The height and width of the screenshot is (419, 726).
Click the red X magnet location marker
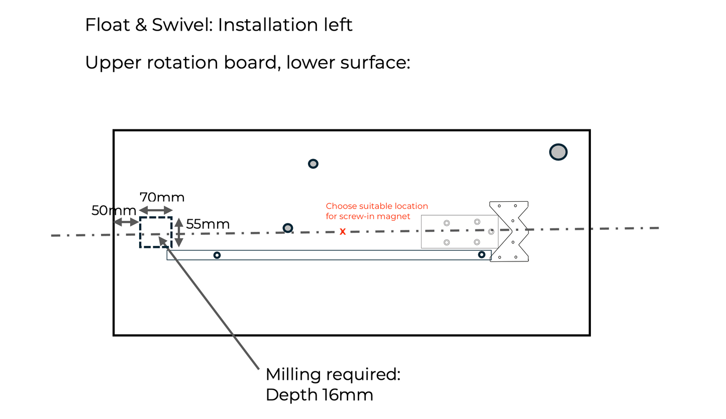click(343, 231)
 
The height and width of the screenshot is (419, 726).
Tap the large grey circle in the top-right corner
click(558, 152)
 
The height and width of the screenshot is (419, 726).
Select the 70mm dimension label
click(161, 197)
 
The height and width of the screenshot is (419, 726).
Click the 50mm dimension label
click(114, 211)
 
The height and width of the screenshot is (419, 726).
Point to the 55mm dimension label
click(208, 224)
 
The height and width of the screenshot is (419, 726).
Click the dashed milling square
click(156, 232)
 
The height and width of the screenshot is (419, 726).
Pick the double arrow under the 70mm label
click(156, 210)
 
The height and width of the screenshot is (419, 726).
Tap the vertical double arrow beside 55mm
click(178, 232)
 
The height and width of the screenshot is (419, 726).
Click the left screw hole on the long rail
click(217, 255)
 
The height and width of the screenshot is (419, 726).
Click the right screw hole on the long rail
click(481, 254)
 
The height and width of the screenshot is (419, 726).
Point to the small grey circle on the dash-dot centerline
click(287, 228)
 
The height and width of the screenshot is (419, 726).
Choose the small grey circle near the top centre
click(313, 164)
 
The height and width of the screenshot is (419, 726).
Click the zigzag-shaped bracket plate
click(509, 231)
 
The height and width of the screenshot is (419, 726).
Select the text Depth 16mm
click(319, 395)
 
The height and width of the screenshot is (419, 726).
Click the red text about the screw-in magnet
click(376, 211)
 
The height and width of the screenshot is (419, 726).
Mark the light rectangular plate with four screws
click(459, 231)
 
